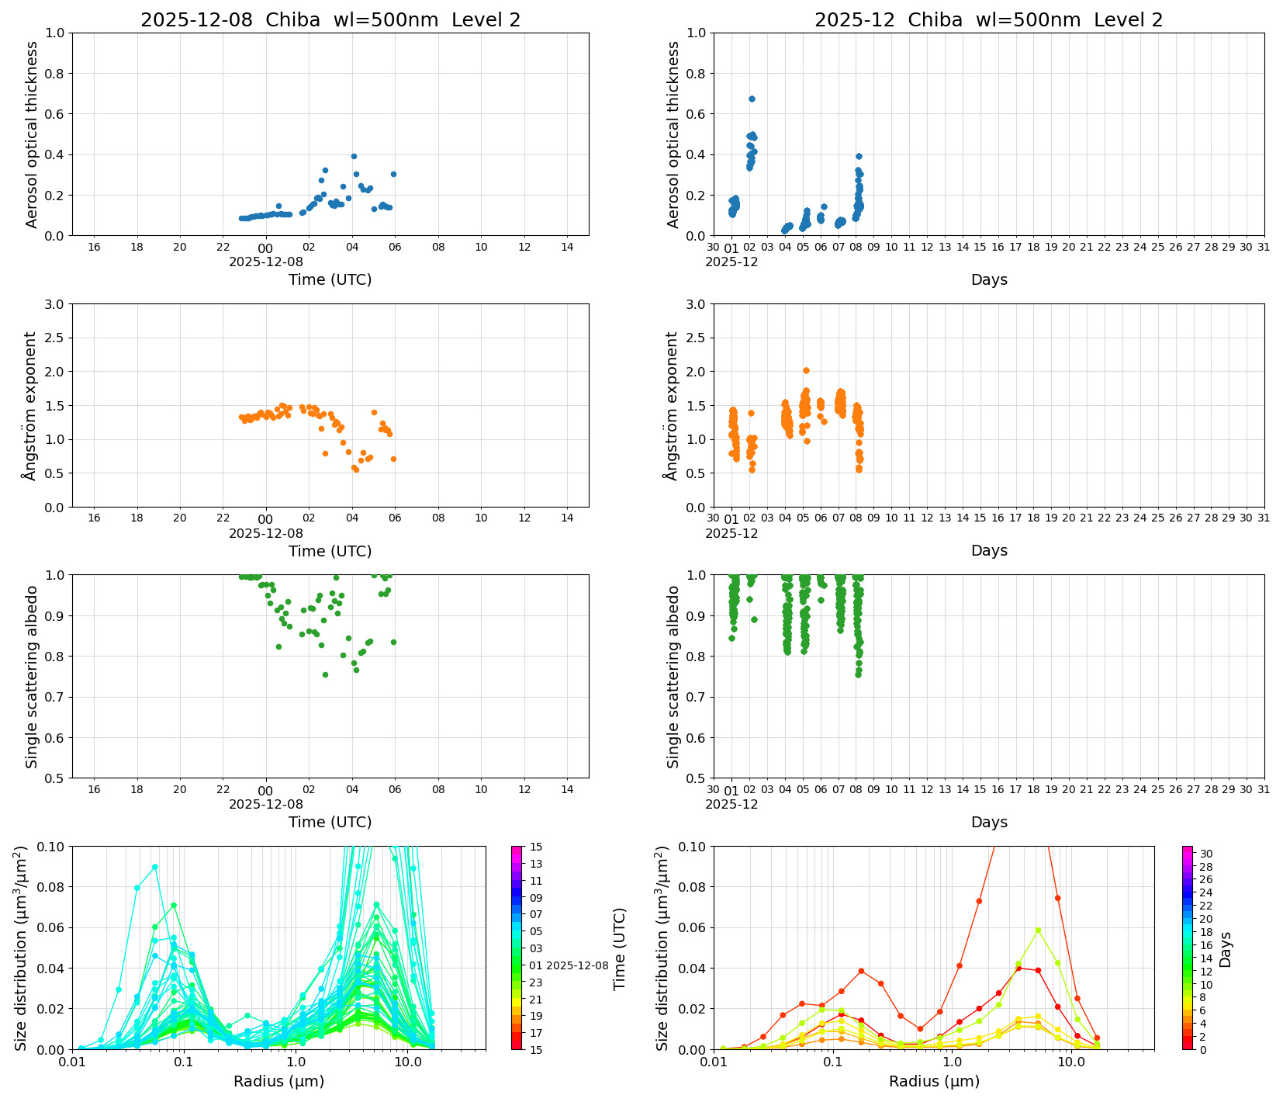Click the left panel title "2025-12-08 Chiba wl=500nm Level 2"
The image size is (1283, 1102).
point(330,20)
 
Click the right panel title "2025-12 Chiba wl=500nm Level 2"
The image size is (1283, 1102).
point(988,20)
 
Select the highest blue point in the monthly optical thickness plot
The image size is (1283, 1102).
point(751,99)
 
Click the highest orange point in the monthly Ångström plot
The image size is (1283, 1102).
point(806,370)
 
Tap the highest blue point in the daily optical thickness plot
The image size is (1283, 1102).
point(354,156)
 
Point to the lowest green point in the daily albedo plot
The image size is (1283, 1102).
point(325,674)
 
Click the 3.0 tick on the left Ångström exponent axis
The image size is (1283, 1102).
point(56,304)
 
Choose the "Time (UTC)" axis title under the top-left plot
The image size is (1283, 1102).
point(330,279)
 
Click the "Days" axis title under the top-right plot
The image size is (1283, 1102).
point(989,279)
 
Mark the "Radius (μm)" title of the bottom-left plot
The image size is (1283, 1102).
point(278,1081)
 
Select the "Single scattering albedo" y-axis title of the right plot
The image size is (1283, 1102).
point(673,677)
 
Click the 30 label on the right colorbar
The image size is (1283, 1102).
point(1206,854)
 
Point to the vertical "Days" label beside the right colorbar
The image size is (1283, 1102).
point(1226,949)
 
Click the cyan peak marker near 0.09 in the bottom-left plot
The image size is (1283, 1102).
point(155,866)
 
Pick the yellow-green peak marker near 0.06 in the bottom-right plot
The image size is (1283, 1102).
point(1038,930)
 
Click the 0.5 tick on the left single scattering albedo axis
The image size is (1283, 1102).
point(56,778)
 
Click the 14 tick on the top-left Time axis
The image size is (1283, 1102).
point(567,247)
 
